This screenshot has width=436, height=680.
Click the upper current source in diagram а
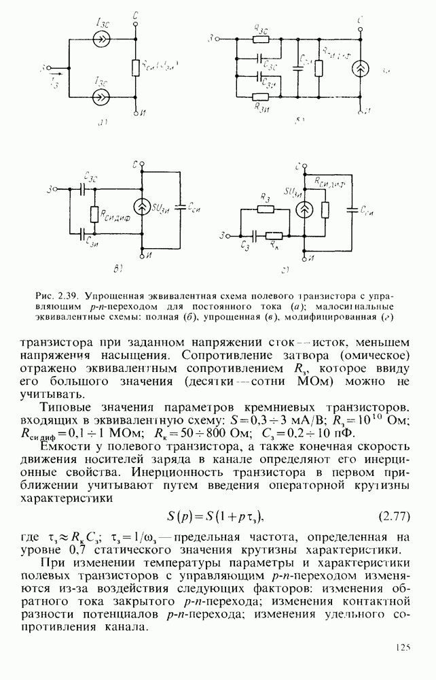[x=100, y=40]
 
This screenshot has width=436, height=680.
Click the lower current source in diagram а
[x=100, y=97]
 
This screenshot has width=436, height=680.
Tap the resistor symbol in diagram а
[x=137, y=68]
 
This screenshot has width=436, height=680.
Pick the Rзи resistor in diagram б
[x=259, y=97]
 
